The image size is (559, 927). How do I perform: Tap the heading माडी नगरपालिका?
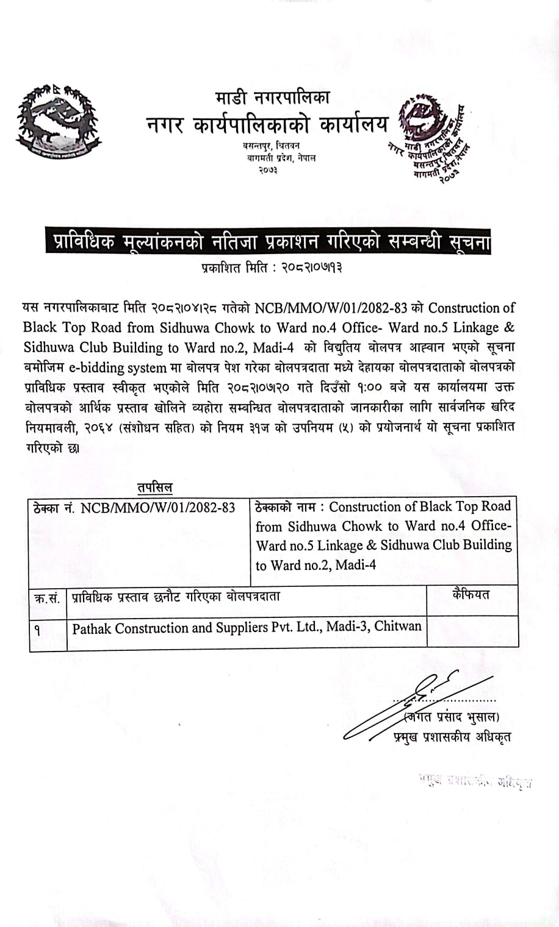(x=272, y=98)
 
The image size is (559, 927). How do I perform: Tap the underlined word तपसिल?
(x=154, y=488)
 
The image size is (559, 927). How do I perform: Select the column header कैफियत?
(x=471, y=594)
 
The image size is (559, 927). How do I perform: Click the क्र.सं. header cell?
(x=48, y=598)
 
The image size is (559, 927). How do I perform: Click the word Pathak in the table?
(x=92, y=628)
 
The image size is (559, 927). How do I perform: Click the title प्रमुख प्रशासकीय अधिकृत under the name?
(x=452, y=736)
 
